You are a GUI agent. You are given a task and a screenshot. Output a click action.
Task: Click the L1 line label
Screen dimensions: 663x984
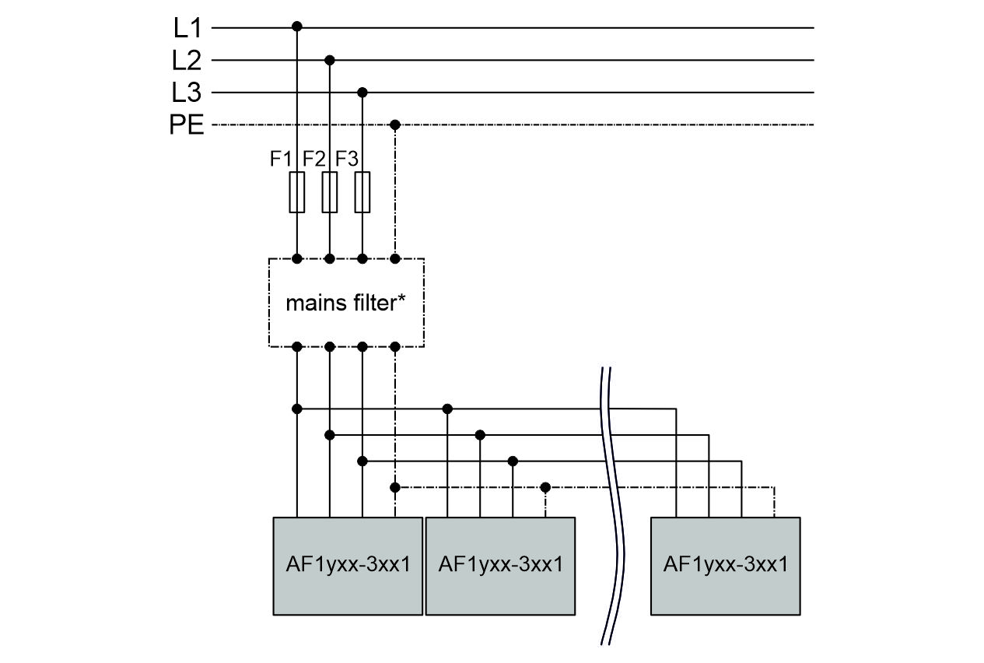point(187,28)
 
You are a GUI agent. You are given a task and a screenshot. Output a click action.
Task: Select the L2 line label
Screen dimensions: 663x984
point(187,60)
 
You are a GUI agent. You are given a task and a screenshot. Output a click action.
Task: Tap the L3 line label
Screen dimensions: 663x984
point(187,93)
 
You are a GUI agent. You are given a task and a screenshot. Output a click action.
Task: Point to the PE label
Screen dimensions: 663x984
point(187,125)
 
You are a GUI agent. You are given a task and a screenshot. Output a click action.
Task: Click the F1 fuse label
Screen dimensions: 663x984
point(281,159)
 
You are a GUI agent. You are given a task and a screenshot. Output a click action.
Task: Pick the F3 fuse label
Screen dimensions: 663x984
point(347,159)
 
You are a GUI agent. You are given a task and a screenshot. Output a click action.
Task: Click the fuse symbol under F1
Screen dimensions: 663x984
point(296,192)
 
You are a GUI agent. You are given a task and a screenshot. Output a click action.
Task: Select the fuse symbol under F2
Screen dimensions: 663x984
point(330,192)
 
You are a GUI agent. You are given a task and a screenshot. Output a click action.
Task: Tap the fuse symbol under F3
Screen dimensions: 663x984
point(362,192)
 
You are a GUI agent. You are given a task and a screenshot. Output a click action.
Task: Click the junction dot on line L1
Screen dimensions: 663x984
point(296,27)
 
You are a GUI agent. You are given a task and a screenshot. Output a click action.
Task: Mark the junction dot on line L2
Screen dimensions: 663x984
point(330,60)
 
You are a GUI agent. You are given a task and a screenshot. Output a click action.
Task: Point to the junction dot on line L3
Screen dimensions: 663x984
point(362,93)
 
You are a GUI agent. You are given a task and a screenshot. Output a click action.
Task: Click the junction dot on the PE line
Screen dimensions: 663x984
point(395,125)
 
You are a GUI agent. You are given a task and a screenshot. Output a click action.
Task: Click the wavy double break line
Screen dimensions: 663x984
point(615,506)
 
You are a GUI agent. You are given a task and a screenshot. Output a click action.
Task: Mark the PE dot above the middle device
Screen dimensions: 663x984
point(545,487)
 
